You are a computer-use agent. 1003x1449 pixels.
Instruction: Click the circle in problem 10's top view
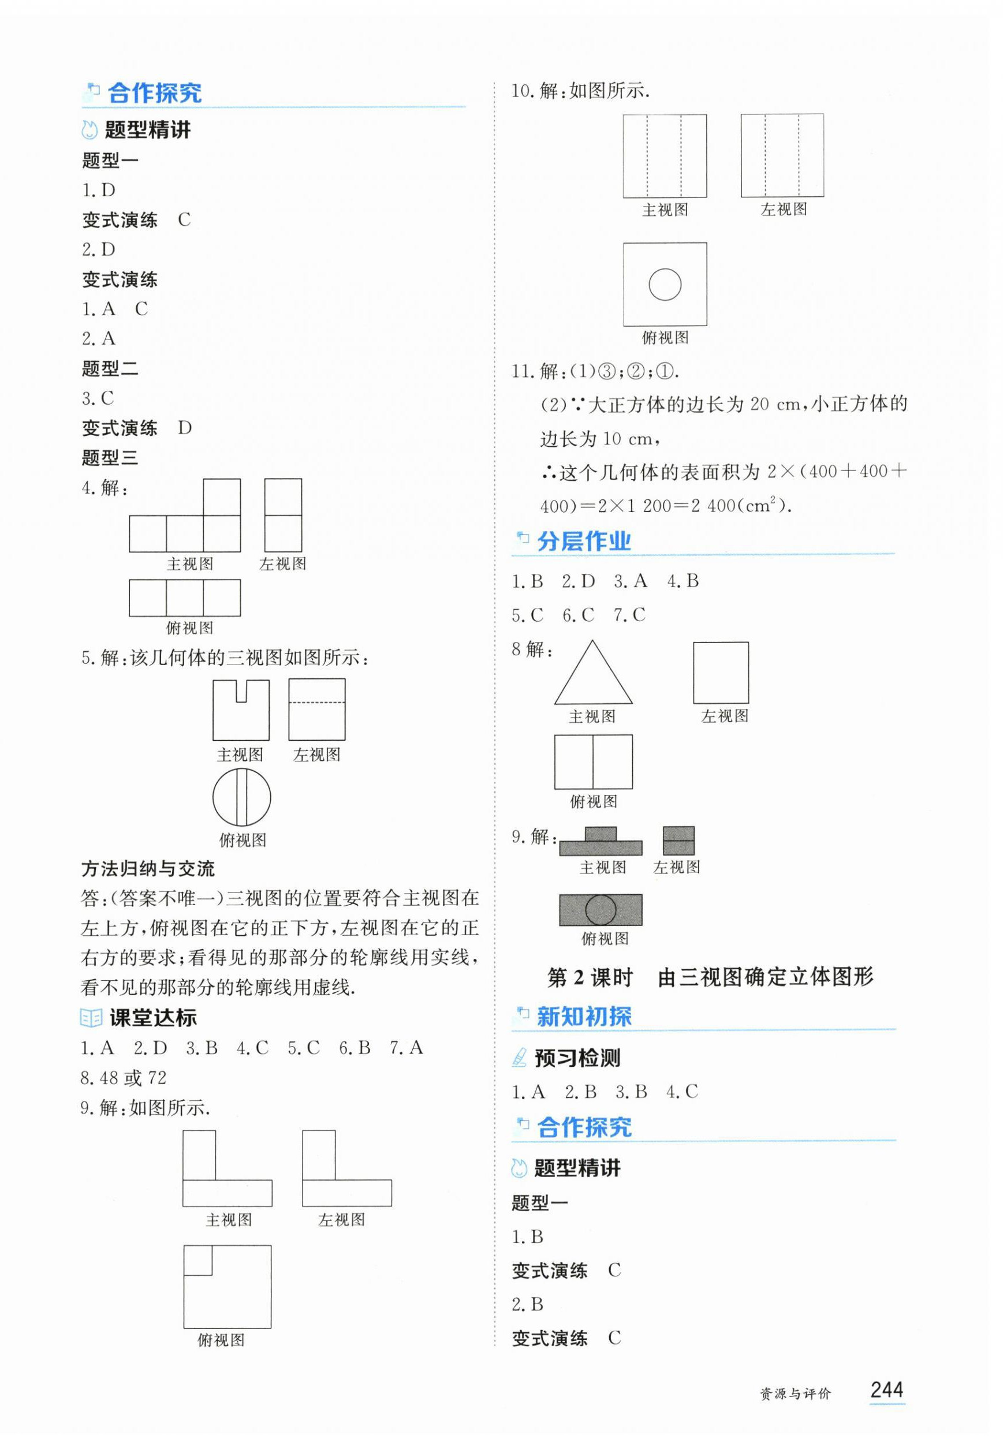pos(664,284)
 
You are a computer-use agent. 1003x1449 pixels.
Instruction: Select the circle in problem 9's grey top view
pos(600,909)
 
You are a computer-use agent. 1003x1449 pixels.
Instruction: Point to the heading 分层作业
pos(583,541)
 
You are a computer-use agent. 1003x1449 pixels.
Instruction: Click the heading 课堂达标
pos(152,1018)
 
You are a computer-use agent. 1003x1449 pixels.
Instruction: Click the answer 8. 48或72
pos(124,1078)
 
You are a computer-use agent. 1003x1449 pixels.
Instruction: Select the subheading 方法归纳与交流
pos(148,869)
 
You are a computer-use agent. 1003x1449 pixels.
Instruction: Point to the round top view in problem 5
pos(241,797)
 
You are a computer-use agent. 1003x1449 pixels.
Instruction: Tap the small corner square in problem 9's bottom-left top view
pos(198,1260)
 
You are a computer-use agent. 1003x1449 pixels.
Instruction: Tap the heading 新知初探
pos(584,1017)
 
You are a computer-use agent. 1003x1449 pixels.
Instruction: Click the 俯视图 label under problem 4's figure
pos(189,628)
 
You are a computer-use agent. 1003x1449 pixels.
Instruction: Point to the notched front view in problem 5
pos(241,710)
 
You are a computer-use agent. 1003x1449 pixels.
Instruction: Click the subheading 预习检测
pos(577,1058)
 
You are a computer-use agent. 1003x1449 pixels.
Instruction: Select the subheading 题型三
pos(110,458)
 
